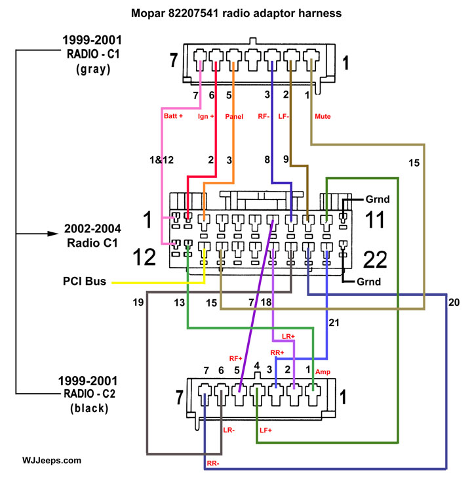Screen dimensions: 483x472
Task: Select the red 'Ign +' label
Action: (207, 117)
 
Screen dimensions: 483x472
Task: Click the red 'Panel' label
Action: (234, 117)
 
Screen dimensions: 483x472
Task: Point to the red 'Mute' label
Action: (323, 117)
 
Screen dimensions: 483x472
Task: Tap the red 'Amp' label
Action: (323, 371)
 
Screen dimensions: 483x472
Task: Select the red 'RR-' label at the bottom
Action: (212, 463)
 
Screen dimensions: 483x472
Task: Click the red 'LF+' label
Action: (265, 430)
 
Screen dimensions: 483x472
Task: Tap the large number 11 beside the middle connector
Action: (374, 219)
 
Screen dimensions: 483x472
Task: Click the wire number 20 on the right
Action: (454, 304)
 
